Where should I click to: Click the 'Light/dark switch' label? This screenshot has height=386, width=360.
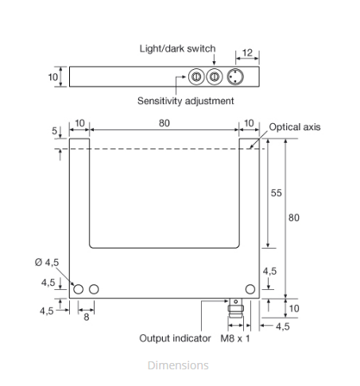coord(177,48)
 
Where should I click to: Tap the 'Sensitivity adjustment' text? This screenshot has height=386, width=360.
coord(185,101)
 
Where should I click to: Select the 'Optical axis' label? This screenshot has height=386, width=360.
coord(295,127)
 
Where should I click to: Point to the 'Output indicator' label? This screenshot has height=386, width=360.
coord(175,338)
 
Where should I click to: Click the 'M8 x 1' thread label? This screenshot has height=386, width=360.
coord(235,338)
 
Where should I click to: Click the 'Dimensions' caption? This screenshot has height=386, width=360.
coord(178,365)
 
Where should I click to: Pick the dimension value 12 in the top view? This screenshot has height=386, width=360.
coord(247,52)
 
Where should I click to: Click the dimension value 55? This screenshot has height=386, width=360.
coord(276,193)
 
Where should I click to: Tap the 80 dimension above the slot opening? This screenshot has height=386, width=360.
coord(165,123)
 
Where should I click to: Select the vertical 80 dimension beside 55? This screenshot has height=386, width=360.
coord(294,218)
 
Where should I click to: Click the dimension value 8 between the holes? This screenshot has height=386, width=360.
coord(87,317)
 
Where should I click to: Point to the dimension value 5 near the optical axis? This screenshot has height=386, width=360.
coord(54,131)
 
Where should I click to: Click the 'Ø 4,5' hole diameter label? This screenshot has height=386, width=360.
coord(47,262)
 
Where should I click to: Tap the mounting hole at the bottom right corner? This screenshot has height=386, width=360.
coord(250,289)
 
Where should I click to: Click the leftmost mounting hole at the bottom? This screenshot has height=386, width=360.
coord(78,289)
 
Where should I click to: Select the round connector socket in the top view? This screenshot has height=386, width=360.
coord(235,77)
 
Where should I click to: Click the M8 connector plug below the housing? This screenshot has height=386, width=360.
coord(235,308)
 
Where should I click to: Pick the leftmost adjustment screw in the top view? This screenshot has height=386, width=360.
coord(196,77)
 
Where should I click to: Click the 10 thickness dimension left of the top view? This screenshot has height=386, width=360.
coord(52,77)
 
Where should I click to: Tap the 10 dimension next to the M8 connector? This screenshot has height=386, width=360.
coord(294,308)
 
